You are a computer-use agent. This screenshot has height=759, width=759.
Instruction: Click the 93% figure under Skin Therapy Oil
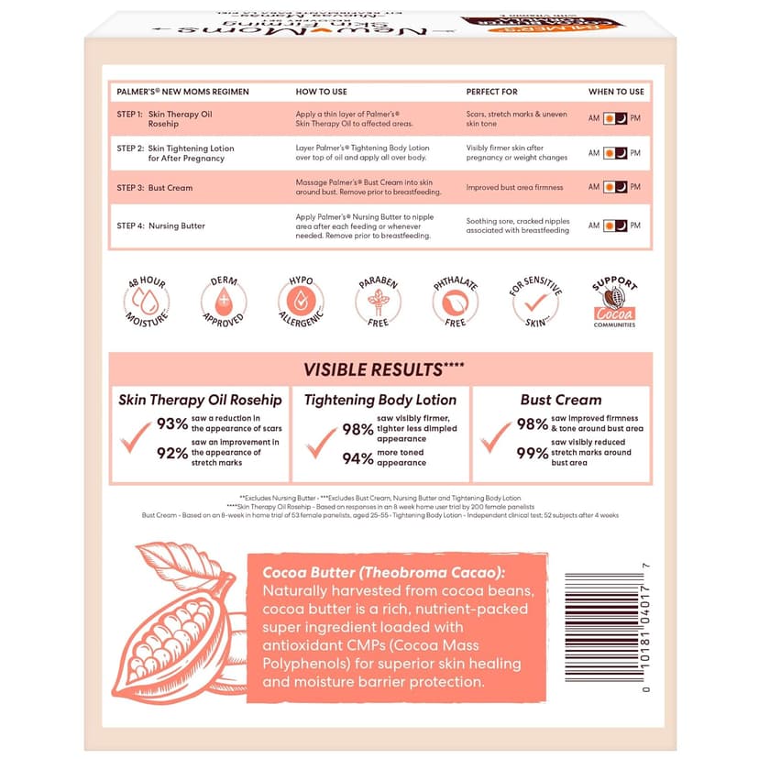click(172, 423)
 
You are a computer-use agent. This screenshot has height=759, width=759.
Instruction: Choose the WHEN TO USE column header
click(616, 92)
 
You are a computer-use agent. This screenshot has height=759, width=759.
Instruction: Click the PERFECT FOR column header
click(491, 92)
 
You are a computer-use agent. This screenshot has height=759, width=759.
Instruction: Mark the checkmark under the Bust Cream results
click(496, 437)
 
